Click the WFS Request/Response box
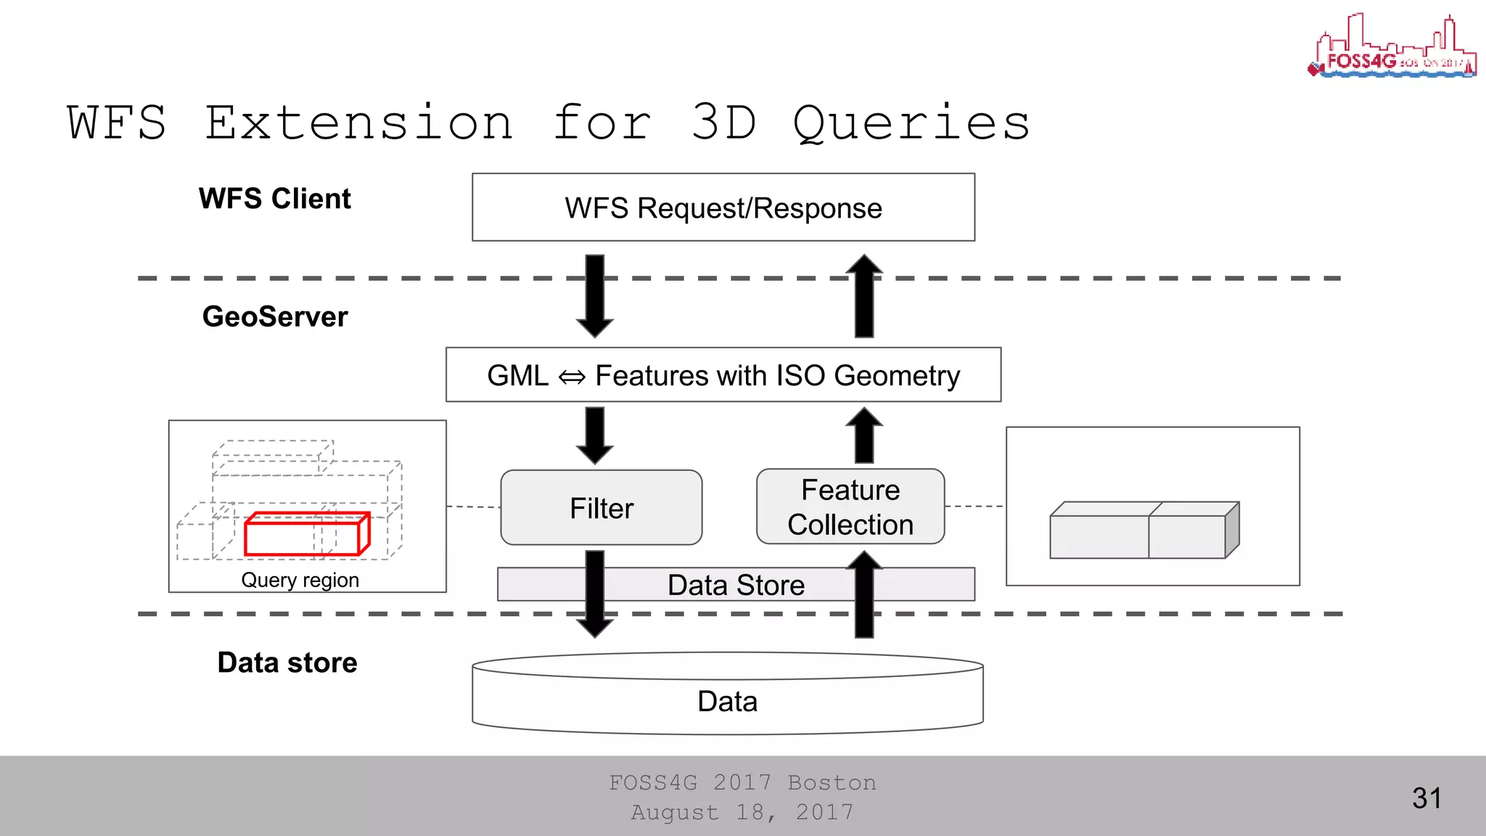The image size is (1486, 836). [x=723, y=208]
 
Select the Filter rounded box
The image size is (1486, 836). [x=601, y=508]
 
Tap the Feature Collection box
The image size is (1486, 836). [x=850, y=507]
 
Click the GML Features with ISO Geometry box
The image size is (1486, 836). [x=723, y=375]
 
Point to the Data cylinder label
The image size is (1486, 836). [x=727, y=702]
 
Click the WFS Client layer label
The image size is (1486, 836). [x=274, y=199]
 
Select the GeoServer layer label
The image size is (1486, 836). [x=274, y=317]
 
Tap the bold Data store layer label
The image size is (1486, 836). [x=287, y=663]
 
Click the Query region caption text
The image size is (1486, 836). [x=300, y=581]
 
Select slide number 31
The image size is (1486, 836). [x=1427, y=798]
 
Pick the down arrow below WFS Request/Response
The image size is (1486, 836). [x=595, y=295]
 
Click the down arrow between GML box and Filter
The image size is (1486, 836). [x=595, y=435]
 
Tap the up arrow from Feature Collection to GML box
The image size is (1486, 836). [x=864, y=435]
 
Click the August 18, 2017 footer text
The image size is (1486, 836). [x=742, y=812]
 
